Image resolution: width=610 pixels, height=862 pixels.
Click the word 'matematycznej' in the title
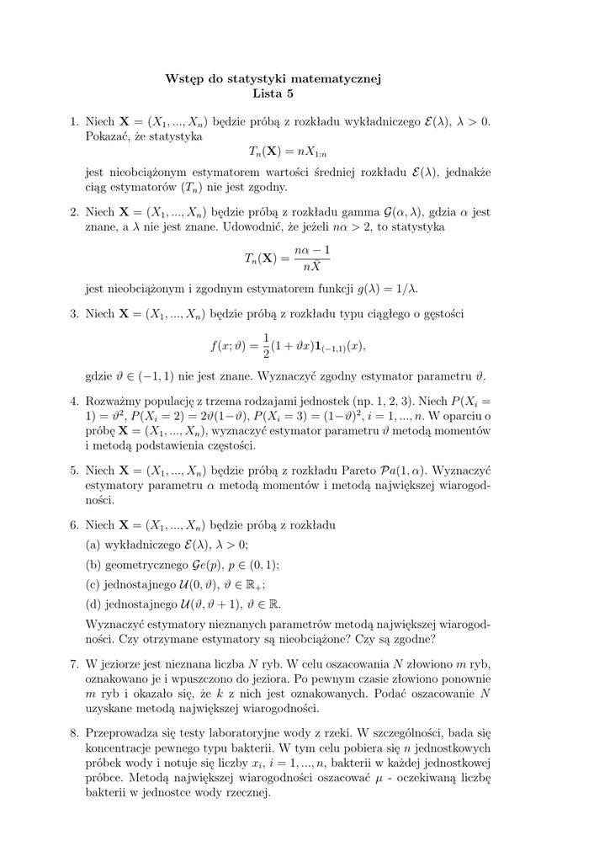coord(339,79)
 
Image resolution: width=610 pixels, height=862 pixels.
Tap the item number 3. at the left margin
coord(76,314)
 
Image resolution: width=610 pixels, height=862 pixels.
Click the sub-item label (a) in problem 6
coord(93,545)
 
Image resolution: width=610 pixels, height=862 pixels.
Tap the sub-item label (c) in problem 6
coord(93,585)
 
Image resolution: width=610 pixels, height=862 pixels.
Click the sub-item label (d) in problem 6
coord(93,604)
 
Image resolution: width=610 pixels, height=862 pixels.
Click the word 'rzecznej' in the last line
coord(246,793)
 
